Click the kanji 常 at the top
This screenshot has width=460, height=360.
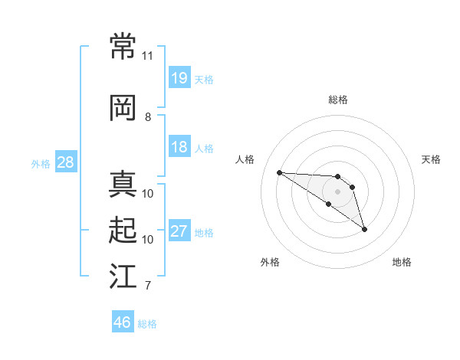click(x=123, y=47)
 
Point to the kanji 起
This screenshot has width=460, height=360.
click(x=123, y=230)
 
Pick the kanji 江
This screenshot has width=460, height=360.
click(x=123, y=277)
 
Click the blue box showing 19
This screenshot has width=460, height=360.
click(x=179, y=78)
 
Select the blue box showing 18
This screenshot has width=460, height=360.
click(x=179, y=147)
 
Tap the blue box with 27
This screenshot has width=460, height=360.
click(x=179, y=231)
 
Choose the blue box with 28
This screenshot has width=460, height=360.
click(x=65, y=162)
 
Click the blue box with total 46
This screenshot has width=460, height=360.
click(x=123, y=322)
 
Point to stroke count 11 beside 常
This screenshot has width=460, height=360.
click(x=148, y=56)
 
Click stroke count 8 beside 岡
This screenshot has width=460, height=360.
click(x=148, y=116)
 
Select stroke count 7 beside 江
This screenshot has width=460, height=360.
click(x=148, y=286)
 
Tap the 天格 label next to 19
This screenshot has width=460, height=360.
click(x=204, y=80)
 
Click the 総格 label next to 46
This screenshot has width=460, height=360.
click(x=147, y=324)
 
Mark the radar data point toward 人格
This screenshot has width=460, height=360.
click(x=279, y=172)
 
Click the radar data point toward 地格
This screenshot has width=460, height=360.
click(x=364, y=229)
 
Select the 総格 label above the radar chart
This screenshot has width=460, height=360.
click(x=337, y=100)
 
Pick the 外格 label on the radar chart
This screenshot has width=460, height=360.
click(x=270, y=262)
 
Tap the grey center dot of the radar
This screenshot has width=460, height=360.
click(x=337, y=191)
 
